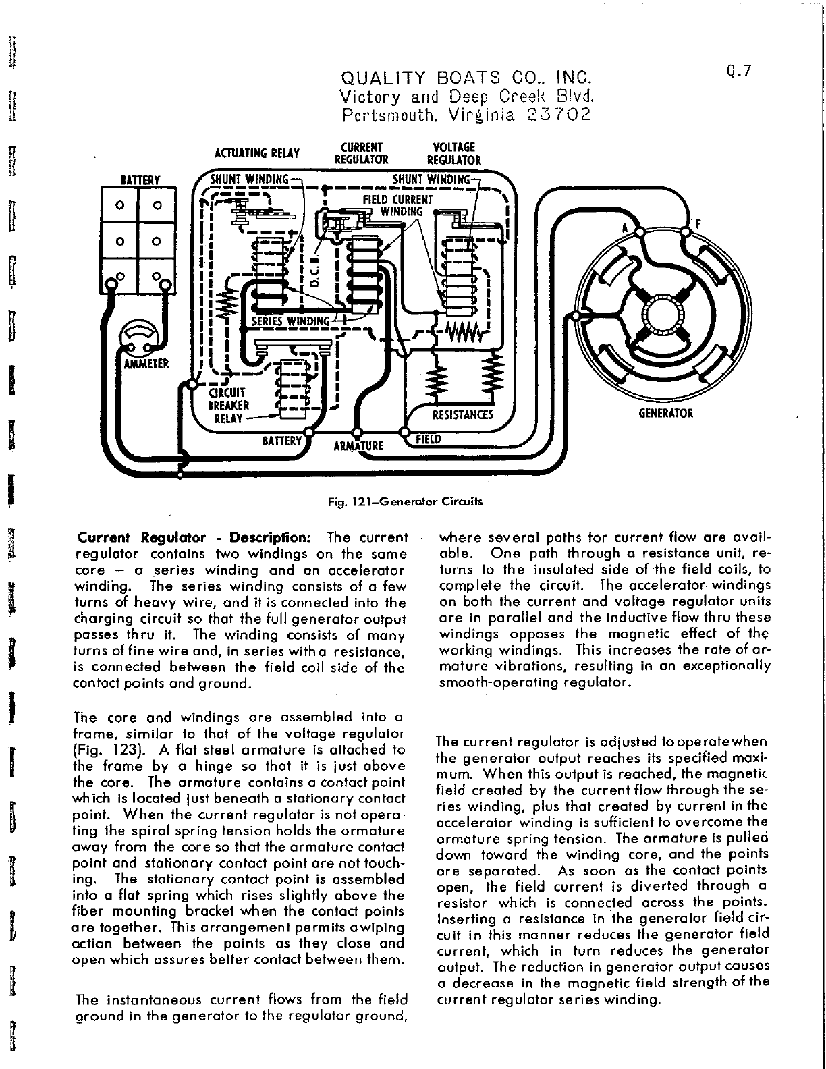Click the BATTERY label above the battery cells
click(140, 180)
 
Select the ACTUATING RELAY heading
click(256, 154)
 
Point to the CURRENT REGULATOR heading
click(362, 153)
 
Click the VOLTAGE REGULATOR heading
click(454, 153)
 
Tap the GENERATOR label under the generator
click(665, 413)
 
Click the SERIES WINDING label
click(292, 320)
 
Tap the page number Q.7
click(740, 71)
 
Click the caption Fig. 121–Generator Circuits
click(405, 501)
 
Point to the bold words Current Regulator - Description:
click(194, 538)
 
